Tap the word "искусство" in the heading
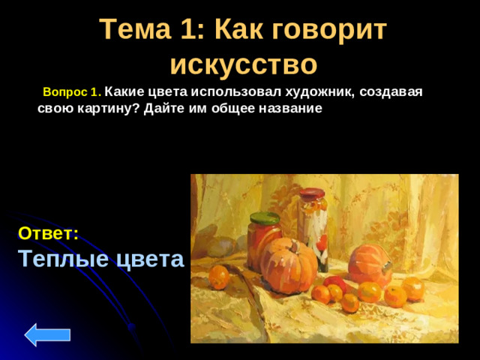243,64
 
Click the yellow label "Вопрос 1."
72,92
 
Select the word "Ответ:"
49,233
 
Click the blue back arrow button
47,334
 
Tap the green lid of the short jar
264,218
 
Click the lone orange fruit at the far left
218,277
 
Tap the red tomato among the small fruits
335,283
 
